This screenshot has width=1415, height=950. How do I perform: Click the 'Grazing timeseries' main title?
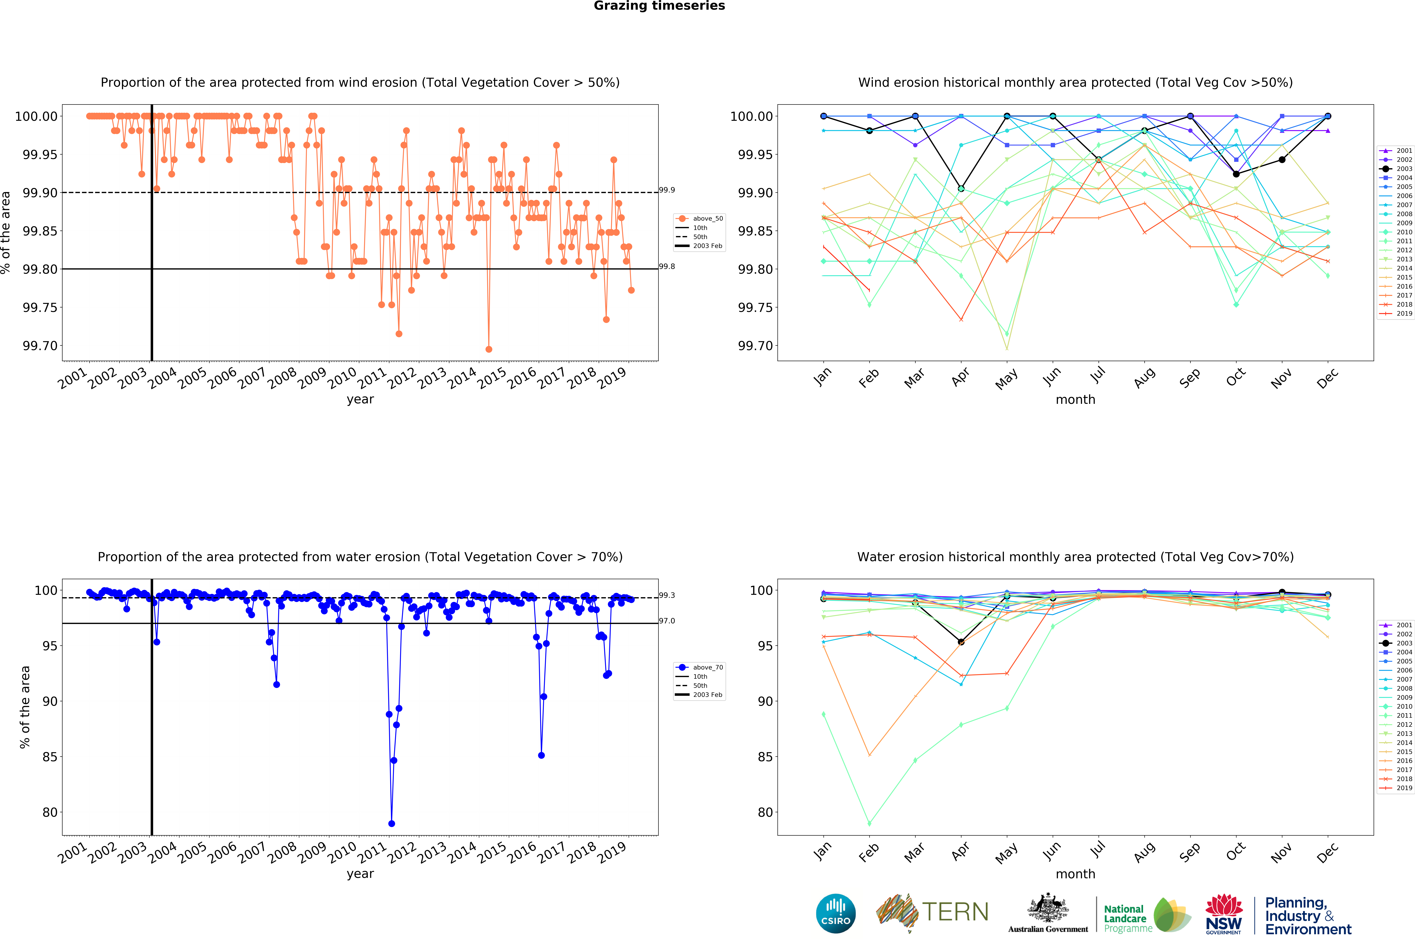[x=659, y=6]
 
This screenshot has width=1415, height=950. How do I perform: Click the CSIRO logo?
[x=835, y=913]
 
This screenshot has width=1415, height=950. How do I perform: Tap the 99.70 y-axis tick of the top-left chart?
[x=40, y=346]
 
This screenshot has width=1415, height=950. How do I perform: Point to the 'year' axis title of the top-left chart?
[x=360, y=399]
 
